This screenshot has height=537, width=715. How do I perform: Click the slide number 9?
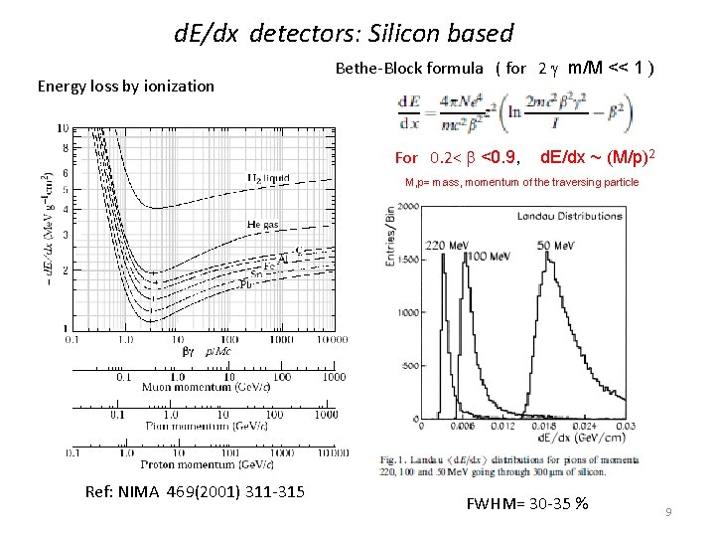[x=669, y=511]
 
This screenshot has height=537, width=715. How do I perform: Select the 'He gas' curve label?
[x=263, y=226]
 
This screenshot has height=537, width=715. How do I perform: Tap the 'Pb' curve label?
[x=245, y=283]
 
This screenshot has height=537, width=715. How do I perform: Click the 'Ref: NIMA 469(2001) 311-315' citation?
[x=195, y=493]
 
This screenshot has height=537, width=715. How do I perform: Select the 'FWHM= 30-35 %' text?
[x=526, y=503]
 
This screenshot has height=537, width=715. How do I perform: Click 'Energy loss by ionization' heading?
[x=125, y=86]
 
